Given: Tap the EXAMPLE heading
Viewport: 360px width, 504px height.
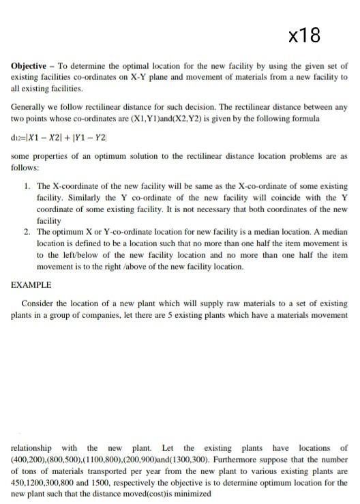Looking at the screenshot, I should [31, 284].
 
